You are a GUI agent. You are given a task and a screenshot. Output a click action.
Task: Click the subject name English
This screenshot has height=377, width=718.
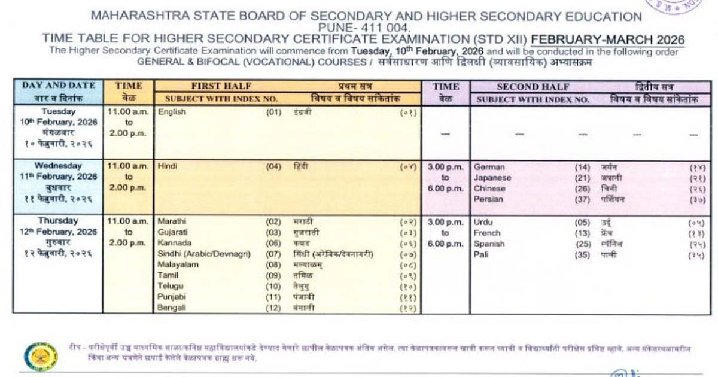tap(172, 112)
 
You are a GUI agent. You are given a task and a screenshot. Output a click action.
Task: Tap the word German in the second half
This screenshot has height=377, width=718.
tap(489, 168)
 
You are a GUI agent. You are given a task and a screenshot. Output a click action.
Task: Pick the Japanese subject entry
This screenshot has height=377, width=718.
tap(492, 178)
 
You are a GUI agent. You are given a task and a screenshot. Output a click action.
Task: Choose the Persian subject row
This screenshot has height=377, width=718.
tap(488, 199)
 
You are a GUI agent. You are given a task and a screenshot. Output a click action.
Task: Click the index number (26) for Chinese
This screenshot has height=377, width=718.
tap(582, 188)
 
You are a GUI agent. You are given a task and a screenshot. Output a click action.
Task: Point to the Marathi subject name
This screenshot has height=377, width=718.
tap(171, 221)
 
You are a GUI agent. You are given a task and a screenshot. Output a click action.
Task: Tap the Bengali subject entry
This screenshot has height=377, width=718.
tap(172, 308)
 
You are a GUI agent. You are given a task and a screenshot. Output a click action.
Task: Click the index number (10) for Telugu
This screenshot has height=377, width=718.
tap(273, 286)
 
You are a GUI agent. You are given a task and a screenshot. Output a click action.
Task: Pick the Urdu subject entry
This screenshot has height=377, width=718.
tap(483, 222)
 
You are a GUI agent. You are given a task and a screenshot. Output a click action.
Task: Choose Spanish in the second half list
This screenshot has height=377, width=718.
tap(489, 244)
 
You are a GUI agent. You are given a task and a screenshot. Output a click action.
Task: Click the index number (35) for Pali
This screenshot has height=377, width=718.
tap(582, 254)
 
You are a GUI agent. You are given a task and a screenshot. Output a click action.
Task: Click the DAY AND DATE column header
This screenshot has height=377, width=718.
tap(59, 86)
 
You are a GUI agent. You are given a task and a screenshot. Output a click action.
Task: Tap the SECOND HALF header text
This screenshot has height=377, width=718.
tap(533, 87)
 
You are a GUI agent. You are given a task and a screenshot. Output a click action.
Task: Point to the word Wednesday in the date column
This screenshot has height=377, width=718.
tap(58, 166)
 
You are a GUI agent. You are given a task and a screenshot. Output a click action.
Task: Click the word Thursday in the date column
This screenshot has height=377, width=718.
tap(58, 221)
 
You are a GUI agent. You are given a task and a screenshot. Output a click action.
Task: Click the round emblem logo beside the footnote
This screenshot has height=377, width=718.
tap(41, 355)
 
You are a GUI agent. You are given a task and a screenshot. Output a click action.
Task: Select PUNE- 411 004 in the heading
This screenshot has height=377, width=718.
tap(365, 28)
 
